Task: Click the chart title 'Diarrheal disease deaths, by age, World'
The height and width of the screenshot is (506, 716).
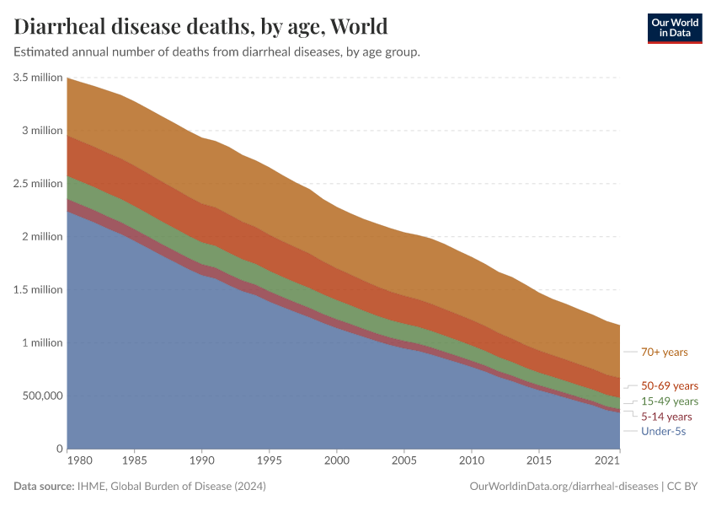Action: tap(200, 26)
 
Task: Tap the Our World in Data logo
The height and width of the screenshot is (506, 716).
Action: tap(674, 28)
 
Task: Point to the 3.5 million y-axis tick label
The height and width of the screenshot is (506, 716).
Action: tap(38, 78)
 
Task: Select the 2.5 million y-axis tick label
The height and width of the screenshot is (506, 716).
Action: tap(38, 184)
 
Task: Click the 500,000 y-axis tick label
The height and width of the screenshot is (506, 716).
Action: tap(40, 396)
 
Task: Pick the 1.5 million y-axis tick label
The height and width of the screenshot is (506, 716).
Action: tap(38, 290)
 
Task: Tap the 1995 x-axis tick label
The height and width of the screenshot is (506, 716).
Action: tap(269, 462)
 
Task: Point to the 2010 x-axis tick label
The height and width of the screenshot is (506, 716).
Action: tap(471, 462)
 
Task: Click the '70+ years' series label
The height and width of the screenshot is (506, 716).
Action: tap(665, 352)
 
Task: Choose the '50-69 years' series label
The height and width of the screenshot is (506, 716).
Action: tap(670, 385)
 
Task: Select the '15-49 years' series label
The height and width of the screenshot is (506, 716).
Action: tap(670, 401)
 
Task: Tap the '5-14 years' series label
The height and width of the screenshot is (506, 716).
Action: tap(666, 416)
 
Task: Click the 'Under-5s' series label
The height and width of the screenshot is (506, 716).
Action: tap(663, 431)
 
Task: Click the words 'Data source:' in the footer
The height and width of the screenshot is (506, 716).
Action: tap(42, 487)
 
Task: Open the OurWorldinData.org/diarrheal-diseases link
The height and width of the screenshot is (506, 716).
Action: tap(564, 487)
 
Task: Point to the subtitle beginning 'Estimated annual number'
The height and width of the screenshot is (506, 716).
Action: tap(217, 52)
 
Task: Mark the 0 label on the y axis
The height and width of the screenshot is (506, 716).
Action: tap(59, 449)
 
